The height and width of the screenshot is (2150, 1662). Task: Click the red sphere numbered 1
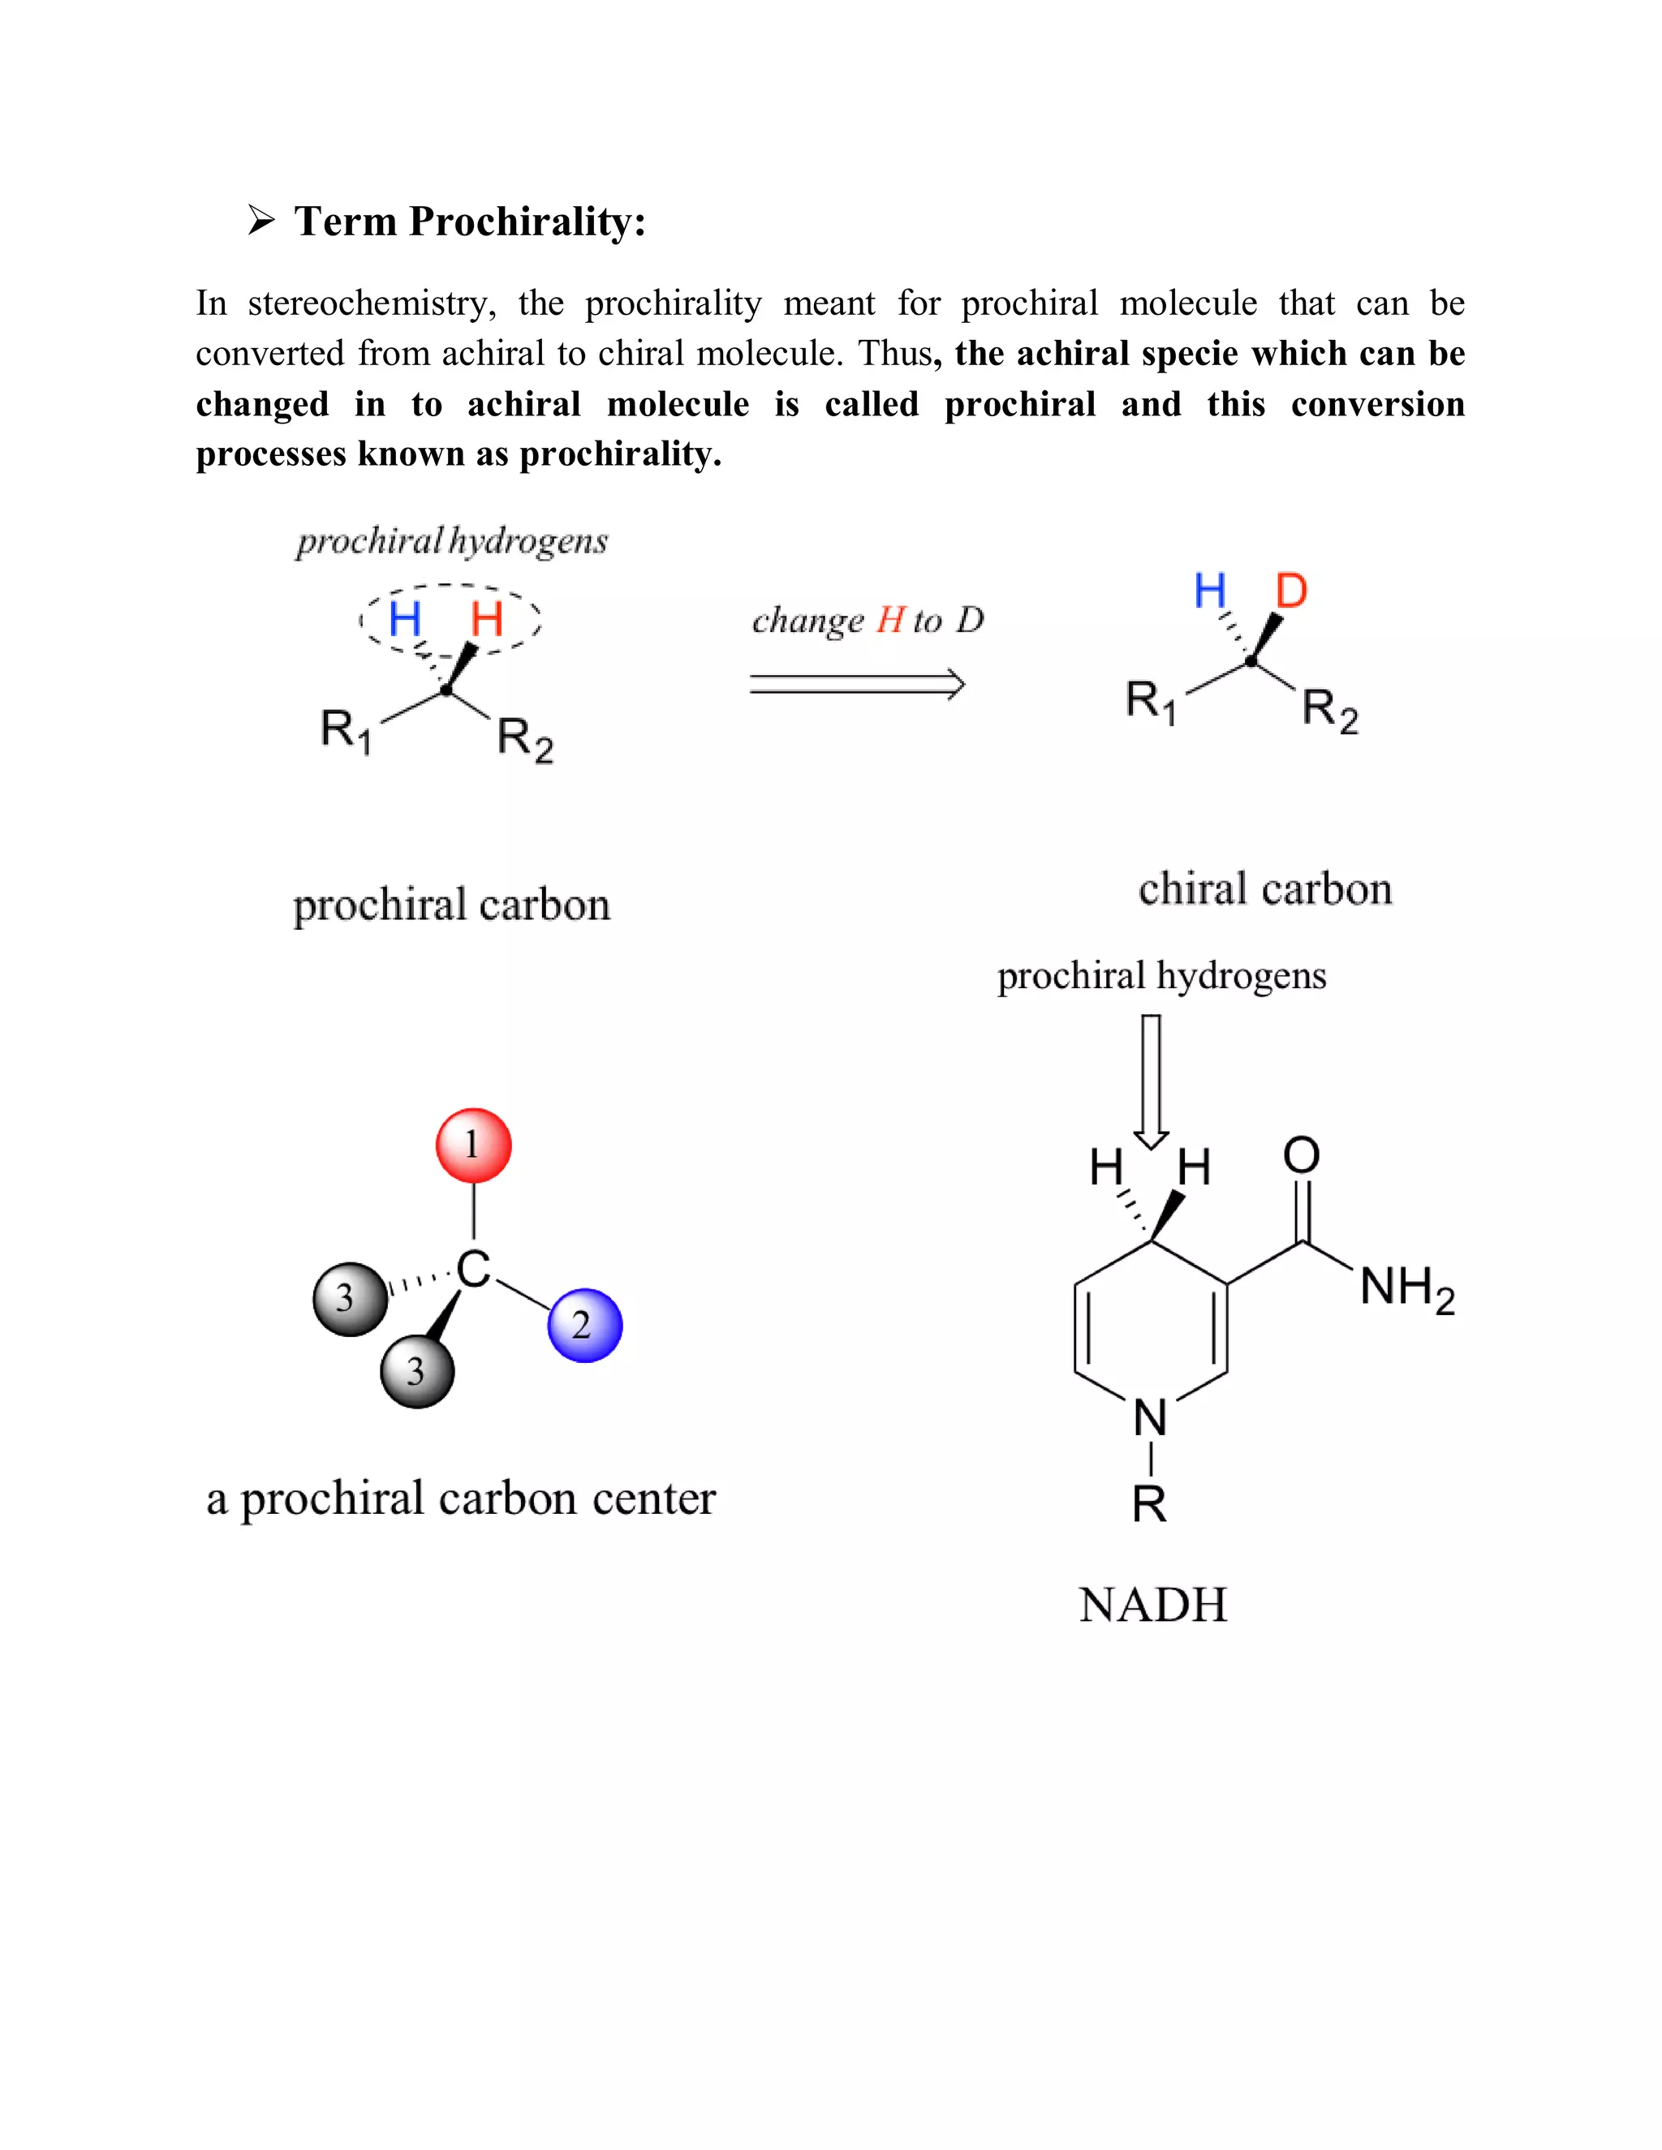click(474, 1145)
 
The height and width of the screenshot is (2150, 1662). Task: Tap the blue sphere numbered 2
click(585, 1325)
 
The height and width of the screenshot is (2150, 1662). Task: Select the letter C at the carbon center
click(474, 1269)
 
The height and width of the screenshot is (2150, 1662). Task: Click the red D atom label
click(1291, 591)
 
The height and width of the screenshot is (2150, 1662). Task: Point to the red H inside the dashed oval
click(486, 619)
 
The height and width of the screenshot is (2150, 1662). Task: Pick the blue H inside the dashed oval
click(405, 619)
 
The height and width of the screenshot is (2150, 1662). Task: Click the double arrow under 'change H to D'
click(857, 684)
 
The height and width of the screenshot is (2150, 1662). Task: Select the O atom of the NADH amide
click(1301, 1155)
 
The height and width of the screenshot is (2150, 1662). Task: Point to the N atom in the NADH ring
click(1150, 1418)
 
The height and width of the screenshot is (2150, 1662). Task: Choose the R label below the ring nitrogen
click(1149, 1503)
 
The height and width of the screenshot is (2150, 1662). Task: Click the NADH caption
click(1153, 1606)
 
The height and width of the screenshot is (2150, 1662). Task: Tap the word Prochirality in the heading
click(527, 221)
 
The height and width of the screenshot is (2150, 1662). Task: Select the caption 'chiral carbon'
click(1265, 889)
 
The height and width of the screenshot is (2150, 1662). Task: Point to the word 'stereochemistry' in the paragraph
click(371, 303)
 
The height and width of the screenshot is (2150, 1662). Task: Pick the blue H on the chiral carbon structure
click(1210, 591)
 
